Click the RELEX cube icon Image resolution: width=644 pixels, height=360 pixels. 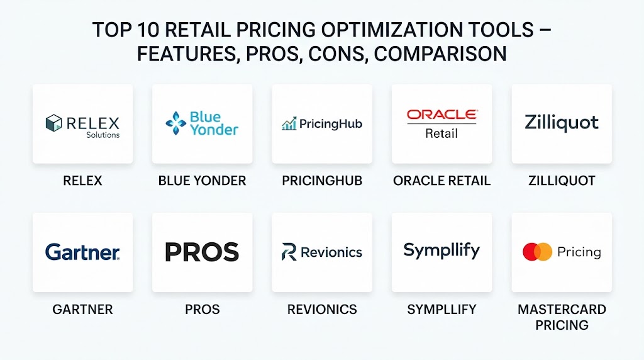(53, 123)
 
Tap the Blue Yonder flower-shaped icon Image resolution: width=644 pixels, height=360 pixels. (176, 123)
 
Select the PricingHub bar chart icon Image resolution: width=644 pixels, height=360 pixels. (289, 124)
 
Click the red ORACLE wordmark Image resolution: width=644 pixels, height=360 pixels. (442, 115)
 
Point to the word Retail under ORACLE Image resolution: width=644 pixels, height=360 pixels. (441, 133)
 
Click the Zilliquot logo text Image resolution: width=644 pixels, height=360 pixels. (562, 123)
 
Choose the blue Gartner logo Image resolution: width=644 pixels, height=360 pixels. (82, 252)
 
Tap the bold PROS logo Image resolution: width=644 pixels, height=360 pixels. (202, 252)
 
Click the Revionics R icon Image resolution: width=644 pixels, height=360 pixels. (289, 252)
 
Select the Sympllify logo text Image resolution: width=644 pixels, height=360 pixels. (441, 250)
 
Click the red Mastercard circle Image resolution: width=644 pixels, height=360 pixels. (531, 252)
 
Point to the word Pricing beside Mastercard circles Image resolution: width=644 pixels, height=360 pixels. (579, 252)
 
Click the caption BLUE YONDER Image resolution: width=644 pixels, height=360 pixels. (202, 181)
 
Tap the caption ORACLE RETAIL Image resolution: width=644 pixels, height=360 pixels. (442, 181)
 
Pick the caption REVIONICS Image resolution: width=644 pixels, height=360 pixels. (322, 310)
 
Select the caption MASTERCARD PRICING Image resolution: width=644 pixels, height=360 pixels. (562, 317)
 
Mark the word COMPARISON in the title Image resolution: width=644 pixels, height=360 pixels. (440, 54)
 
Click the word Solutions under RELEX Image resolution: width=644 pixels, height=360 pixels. (103, 135)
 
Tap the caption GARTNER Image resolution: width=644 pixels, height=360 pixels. (82, 310)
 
